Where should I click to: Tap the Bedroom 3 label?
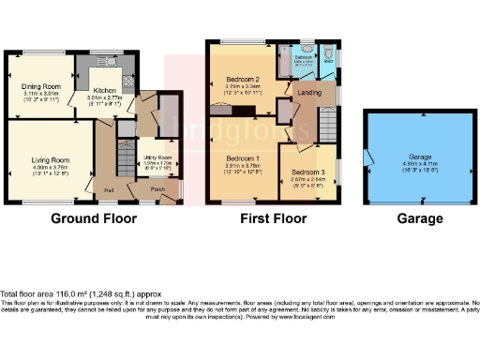click(x=307, y=172)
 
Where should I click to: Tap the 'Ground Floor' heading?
click(x=94, y=218)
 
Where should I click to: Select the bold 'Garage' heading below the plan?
click(x=417, y=218)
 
